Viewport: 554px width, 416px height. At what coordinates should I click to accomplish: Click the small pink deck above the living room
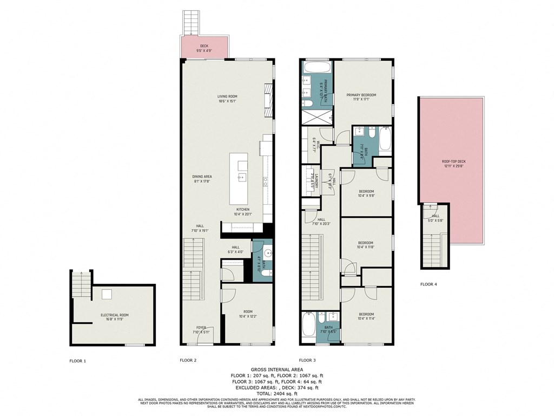204,48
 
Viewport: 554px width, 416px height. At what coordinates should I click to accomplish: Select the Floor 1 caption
77,360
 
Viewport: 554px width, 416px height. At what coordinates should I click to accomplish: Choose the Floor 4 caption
428,284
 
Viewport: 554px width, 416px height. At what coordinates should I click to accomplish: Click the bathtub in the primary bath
316,68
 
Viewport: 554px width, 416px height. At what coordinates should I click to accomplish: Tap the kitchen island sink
240,177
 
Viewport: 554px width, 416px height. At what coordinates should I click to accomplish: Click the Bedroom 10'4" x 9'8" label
366,193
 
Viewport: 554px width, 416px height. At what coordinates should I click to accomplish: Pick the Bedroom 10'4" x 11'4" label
366,316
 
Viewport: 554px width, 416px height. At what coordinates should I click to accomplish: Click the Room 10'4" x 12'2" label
248,314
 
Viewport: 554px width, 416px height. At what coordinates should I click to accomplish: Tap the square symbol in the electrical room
107,294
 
